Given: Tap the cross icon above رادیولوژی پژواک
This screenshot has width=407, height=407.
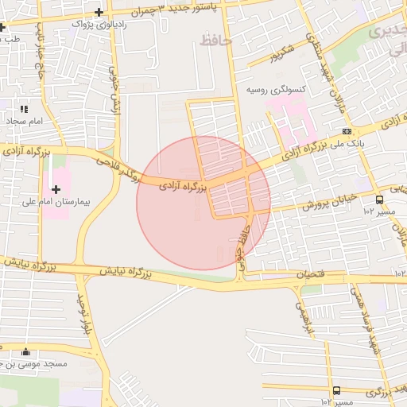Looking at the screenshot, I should [99, 12].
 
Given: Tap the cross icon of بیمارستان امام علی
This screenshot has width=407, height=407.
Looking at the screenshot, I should [56, 189].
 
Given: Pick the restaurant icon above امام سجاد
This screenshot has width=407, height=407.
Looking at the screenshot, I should [23, 109].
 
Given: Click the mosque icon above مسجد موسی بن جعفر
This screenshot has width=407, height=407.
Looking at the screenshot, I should [26, 352].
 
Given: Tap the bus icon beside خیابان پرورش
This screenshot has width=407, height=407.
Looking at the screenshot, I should [379, 200].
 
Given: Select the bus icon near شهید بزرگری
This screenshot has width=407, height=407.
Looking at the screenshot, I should [336, 390].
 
